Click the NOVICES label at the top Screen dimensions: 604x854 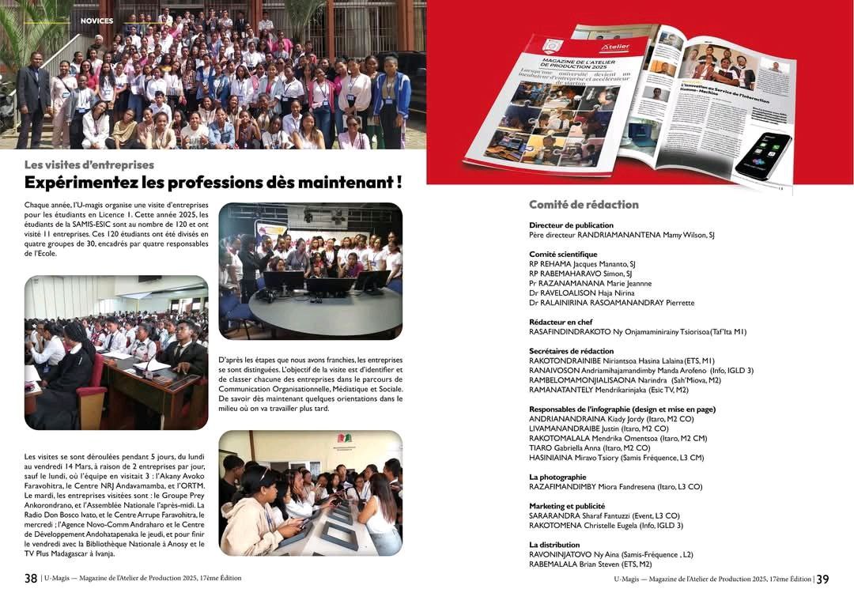point(96,21)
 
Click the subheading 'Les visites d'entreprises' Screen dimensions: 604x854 point(89,165)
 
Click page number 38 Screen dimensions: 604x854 point(31,579)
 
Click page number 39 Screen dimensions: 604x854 point(822,579)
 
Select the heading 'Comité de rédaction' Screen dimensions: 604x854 point(584,205)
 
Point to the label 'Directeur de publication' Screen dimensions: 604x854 point(571,225)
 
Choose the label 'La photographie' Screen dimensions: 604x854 point(557,477)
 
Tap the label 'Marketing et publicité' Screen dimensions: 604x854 point(567,506)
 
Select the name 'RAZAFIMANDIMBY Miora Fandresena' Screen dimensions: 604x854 point(591,487)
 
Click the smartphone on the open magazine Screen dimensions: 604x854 point(762,155)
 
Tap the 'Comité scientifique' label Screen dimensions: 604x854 point(563,255)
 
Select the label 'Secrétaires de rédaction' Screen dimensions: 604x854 point(571,351)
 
